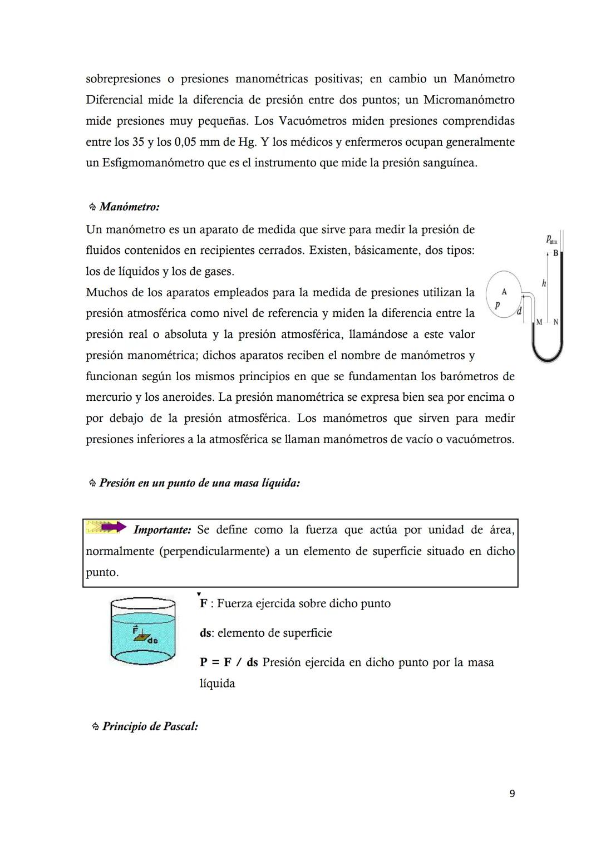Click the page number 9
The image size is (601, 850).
tap(512, 793)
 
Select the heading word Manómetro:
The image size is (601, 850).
tap(129, 207)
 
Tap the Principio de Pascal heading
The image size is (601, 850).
tap(150, 726)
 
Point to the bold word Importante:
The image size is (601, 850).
tap(162, 530)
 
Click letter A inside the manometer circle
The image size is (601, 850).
tap(504, 292)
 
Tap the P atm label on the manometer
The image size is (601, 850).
tap(551, 240)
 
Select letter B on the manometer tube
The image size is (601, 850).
tap(555, 253)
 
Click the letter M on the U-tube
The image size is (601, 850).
tap(539, 322)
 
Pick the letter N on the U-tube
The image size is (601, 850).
tap(555, 322)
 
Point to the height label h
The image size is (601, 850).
tap(544, 283)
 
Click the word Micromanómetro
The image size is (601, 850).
tap(469, 100)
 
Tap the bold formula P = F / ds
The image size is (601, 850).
tap(229, 662)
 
